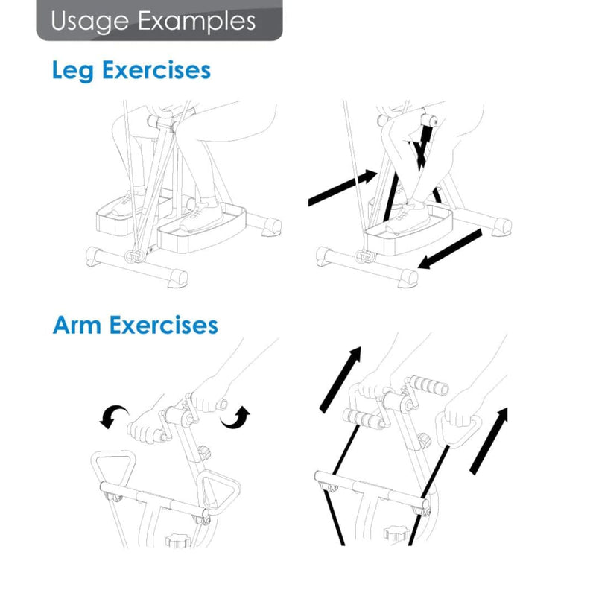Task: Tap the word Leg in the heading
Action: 74,71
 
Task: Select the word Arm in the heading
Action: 78,326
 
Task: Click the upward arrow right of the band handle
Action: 489,440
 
